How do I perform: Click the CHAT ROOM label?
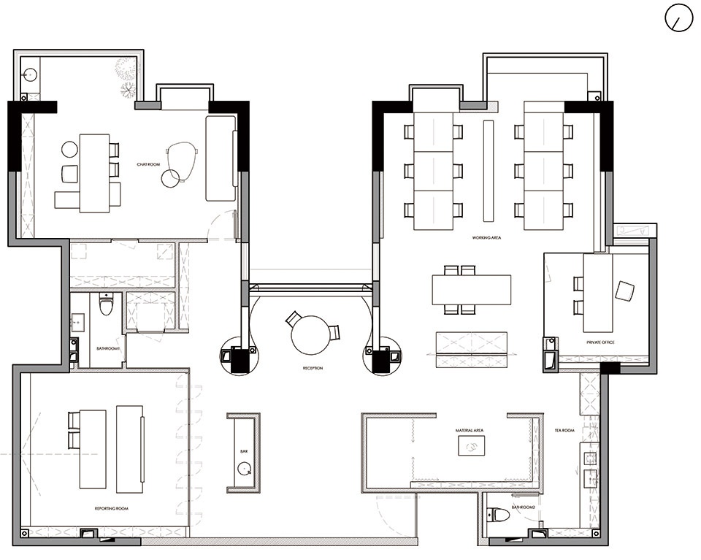[148, 164]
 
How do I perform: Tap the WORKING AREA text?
[486, 238]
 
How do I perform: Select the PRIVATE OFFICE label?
[600, 342]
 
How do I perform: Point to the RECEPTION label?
[313, 368]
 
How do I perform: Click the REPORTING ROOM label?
[111, 509]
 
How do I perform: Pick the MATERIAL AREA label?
[470, 430]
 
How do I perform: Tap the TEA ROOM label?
[564, 430]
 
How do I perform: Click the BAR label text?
[244, 451]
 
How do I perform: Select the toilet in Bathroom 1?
[105, 304]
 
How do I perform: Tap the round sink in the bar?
[244, 469]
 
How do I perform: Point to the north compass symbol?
[678, 18]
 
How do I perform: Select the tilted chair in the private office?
[624, 290]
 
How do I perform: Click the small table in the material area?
[472, 445]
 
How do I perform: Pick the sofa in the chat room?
[221, 158]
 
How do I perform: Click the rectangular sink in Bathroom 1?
[77, 322]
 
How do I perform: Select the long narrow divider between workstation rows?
[489, 171]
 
